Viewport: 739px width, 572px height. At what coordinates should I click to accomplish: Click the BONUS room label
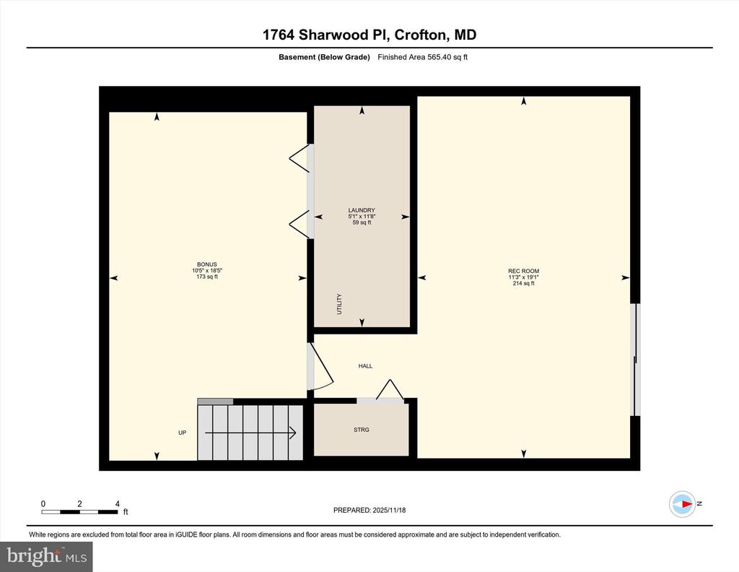pyautogui.click(x=207, y=264)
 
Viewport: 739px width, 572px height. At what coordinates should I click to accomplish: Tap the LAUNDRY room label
pyautogui.click(x=362, y=210)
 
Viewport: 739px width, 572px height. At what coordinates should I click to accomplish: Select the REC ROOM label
pyautogui.click(x=524, y=271)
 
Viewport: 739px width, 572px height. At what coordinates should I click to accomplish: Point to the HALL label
pyautogui.click(x=365, y=366)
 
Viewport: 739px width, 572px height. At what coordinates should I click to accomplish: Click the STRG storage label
pyautogui.click(x=362, y=430)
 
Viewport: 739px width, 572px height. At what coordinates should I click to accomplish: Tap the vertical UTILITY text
pyautogui.click(x=339, y=304)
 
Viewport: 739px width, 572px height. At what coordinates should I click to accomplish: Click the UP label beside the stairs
pyautogui.click(x=183, y=433)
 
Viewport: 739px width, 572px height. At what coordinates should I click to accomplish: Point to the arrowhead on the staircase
pyautogui.click(x=293, y=433)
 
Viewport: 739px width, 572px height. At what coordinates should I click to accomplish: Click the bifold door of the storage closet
pyautogui.click(x=390, y=389)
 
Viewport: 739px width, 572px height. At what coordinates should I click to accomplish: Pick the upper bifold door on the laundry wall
pyautogui.click(x=299, y=157)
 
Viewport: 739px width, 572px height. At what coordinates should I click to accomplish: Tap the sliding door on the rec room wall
pyautogui.click(x=636, y=360)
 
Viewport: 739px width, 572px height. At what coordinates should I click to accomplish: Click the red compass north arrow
pyautogui.click(x=687, y=503)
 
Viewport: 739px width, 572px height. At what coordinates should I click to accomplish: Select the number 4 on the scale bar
pyautogui.click(x=118, y=503)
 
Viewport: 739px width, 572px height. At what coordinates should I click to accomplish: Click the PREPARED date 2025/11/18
pyautogui.click(x=389, y=510)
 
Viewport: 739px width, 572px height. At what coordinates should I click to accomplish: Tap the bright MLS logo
pyautogui.click(x=46, y=556)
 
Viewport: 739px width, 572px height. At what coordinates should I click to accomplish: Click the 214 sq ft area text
pyautogui.click(x=524, y=283)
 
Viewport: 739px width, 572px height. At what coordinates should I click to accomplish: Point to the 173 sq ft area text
pyautogui.click(x=207, y=277)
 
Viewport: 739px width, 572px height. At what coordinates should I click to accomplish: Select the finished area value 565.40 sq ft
pyautogui.click(x=447, y=57)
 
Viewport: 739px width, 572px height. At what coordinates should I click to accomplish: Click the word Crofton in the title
pyautogui.click(x=420, y=35)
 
